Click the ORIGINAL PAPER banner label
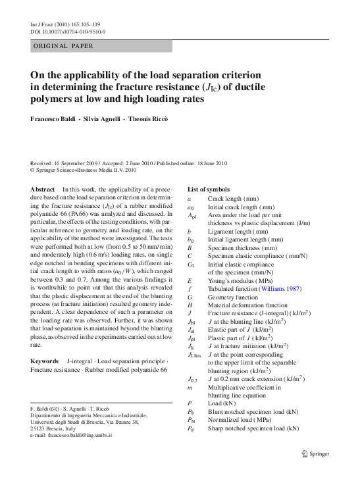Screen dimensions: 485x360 tap(63, 46)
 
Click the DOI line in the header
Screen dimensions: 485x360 tap(68, 31)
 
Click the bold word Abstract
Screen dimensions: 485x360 tap(43, 190)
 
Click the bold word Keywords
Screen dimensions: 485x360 tap(44, 362)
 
